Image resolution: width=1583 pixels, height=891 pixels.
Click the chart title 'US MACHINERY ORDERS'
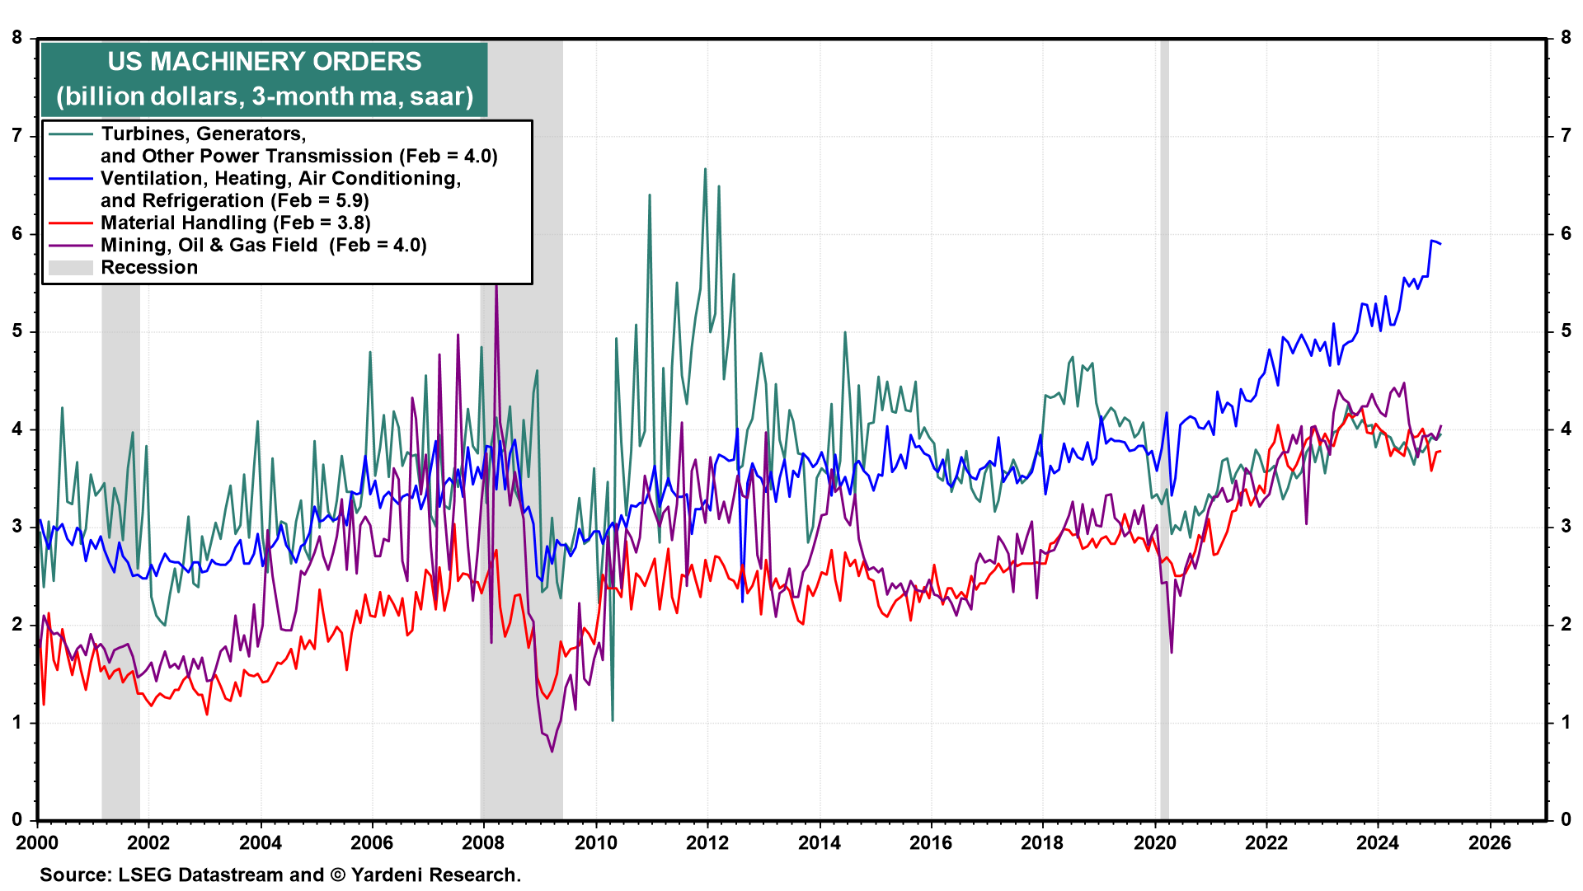(264, 62)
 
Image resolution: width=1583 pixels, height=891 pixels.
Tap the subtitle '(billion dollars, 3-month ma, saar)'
(264, 96)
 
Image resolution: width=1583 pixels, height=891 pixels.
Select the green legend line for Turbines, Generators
(70, 134)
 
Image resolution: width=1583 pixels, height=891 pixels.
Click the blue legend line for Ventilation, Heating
(70, 179)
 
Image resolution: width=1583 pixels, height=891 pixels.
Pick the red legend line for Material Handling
(70, 223)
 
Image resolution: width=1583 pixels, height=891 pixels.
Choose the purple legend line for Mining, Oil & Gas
(70, 246)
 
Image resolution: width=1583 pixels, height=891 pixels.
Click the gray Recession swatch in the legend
(70, 268)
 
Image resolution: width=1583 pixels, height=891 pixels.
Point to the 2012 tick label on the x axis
(707, 842)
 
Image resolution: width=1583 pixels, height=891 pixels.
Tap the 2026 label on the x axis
(1490, 842)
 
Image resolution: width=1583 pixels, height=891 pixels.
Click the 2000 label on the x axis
(37, 842)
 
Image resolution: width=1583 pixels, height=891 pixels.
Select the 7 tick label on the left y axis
(17, 136)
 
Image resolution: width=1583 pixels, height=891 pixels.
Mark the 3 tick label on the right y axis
(1566, 527)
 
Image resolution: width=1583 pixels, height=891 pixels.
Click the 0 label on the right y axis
(1566, 820)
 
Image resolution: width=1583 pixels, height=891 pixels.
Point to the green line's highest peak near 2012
(705, 170)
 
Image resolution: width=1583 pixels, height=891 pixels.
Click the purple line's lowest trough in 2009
(552, 750)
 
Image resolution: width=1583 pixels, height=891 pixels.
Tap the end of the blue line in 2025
(1440, 243)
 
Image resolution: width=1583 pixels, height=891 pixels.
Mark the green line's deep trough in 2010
(612, 720)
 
